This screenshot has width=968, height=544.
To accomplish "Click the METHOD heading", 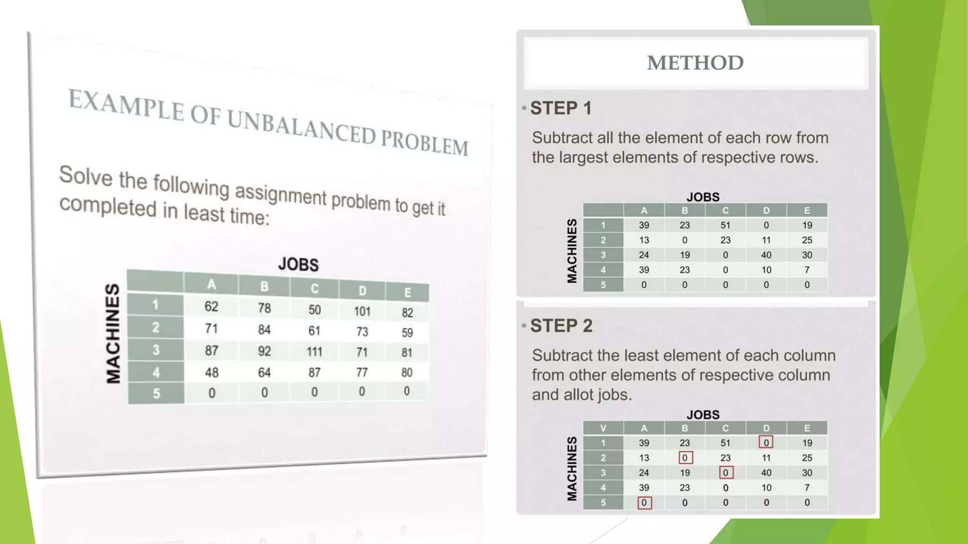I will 695,63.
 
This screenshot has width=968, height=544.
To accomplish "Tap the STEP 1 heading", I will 561,108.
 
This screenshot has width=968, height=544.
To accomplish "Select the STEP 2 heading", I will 561,326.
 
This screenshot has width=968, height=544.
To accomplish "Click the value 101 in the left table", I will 362,311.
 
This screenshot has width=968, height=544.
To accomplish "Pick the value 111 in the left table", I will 314,352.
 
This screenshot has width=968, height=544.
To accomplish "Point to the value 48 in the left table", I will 212,373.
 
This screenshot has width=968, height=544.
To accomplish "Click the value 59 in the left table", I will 407,332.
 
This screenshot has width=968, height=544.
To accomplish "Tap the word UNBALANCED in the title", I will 301,126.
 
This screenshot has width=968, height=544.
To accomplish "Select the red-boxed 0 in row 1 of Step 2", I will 766,442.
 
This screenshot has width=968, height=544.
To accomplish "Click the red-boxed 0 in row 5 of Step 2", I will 644,502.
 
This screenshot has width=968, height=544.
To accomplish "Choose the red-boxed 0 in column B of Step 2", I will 685,458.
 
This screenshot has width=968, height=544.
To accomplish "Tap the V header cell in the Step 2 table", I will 603,428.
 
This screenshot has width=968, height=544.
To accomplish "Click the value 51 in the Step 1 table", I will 726,225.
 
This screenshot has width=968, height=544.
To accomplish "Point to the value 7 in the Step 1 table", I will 807,270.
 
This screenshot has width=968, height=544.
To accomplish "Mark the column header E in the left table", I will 407,293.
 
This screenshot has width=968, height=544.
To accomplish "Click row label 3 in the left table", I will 156,350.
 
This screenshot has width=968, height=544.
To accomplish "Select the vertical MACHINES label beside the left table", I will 112,333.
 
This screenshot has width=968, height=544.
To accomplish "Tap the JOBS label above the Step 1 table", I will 703,197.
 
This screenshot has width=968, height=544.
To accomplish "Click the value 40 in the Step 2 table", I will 766,473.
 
